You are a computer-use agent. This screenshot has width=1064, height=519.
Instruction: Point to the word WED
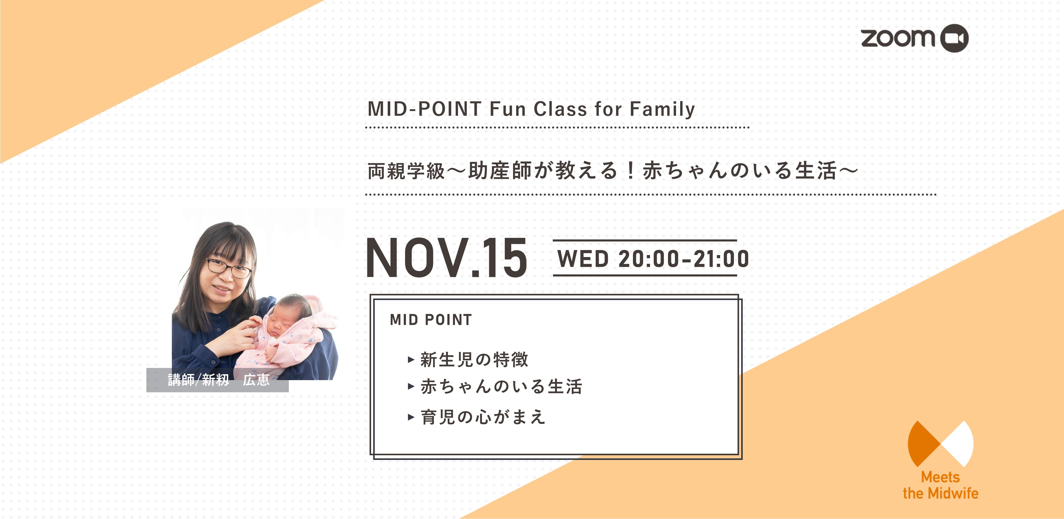click(583, 259)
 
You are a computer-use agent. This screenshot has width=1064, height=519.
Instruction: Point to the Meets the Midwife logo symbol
click(940, 444)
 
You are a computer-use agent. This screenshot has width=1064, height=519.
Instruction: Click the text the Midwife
click(940, 493)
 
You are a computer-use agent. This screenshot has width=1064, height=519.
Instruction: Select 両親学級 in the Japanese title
click(406, 171)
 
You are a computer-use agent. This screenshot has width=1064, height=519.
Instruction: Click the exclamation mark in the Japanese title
click(630, 171)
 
